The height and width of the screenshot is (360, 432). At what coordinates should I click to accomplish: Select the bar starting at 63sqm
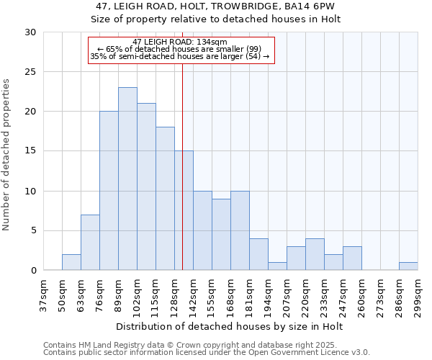(90, 243)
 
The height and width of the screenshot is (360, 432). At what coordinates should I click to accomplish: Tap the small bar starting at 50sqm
(71, 262)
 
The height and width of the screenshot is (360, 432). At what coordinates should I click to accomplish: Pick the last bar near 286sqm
(408, 266)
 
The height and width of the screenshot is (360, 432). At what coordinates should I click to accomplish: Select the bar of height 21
(146, 186)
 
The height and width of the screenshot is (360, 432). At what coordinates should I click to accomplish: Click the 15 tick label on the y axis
(30, 151)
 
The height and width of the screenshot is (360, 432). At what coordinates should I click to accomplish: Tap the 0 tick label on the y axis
(33, 271)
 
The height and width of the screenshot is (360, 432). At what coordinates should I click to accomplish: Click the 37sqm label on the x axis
(43, 296)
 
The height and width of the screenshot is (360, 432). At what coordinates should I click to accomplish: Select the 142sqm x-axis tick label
(193, 296)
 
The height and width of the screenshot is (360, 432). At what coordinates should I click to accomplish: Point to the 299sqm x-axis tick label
(418, 296)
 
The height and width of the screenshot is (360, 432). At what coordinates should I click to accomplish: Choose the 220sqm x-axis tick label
(305, 296)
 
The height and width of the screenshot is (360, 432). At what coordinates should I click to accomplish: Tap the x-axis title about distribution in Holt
(230, 327)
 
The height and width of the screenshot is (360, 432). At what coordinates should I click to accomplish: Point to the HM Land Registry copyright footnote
(185, 345)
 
